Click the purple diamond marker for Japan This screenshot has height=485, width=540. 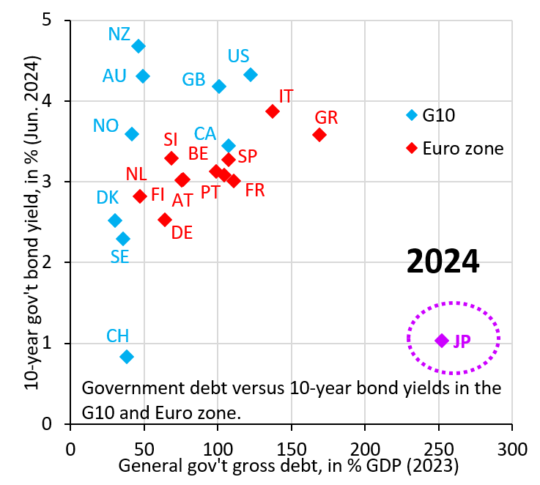(442, 341)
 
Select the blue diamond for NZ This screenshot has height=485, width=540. (138, 46)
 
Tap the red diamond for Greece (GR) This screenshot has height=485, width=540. (319, 135)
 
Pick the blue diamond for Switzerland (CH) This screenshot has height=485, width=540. (127, 357)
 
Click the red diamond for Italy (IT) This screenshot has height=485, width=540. (273, 111)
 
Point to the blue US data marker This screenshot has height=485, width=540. (251, 75)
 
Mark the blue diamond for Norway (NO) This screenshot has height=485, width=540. (132, 134)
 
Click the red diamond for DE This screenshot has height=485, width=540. (165, 220)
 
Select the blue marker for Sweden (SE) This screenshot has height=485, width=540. (123, 239)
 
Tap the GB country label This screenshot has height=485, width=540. (193, 79)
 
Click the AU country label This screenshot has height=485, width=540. (115, 75)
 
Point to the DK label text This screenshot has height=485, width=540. (107, 198)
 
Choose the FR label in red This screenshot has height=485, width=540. (255, 190)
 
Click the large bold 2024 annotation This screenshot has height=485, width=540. (443, 262)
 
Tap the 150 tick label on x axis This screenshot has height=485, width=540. (292, 448)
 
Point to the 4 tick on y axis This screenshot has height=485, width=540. (55, 101)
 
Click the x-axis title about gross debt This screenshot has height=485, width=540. (288, 465)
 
